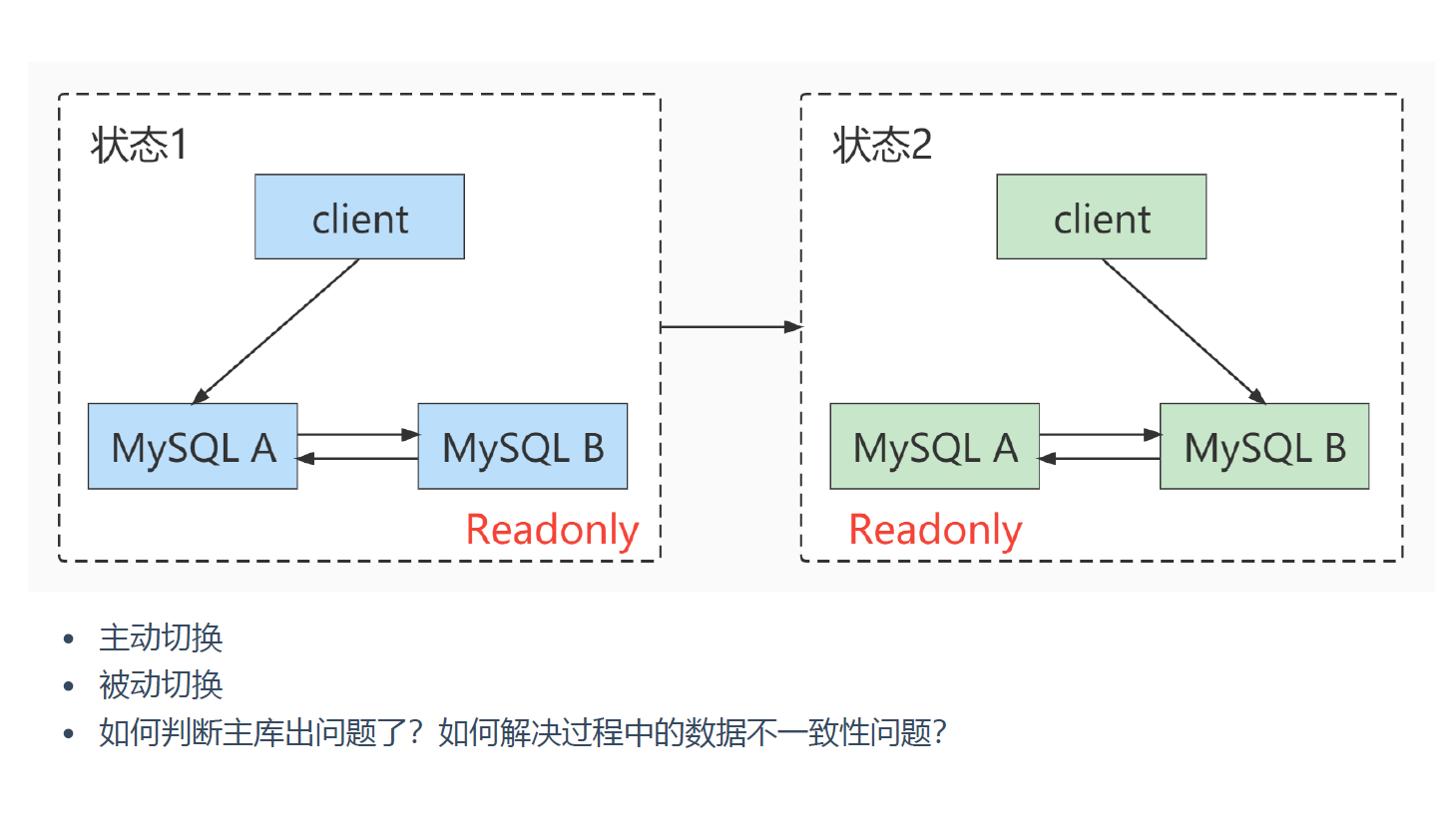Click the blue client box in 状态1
(359, 217)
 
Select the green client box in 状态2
(1101, 217)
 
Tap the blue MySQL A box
(193, 447)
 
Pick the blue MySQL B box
(522, 447)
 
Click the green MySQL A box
(934, 447)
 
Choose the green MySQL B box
(1263, 447)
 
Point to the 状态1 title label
(139, 146)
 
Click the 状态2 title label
(882, 146)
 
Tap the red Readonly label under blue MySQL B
(552, 530)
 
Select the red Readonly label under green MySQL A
(935, 530)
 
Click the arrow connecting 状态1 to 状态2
(730, 326)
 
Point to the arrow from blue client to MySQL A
(275, 331)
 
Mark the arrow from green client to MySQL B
(1184, 331)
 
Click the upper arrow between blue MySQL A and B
(357, 435)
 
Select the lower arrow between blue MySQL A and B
(357, 458)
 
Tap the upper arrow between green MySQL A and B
(1099, 435)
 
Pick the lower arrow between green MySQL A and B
(1099, 458)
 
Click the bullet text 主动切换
(161, 637)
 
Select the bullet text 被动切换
(161, 685)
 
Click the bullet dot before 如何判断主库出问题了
(69, 733)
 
